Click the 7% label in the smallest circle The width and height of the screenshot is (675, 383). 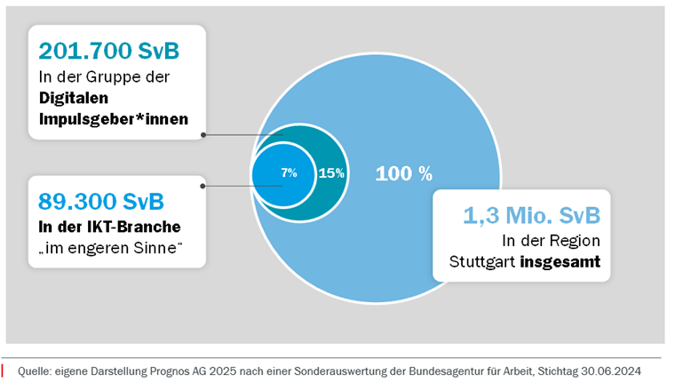click(x=289, y=172)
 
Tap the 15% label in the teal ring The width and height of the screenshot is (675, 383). click(x=331, y=173)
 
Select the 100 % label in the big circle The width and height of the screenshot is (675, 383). click(x=403, y=173)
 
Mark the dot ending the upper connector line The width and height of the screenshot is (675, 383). click(x=203, y=135)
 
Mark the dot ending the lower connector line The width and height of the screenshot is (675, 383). click(x=203, y=186)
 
